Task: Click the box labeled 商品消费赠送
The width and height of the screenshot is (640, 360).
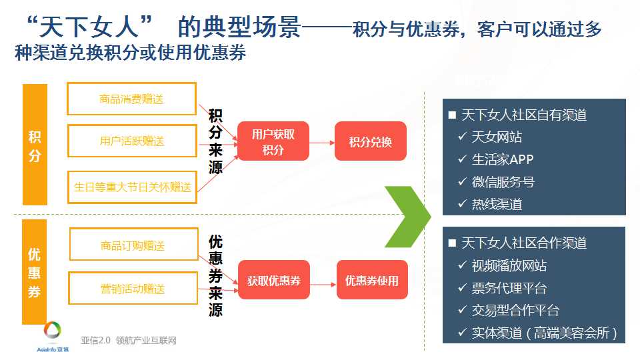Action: point(131,99)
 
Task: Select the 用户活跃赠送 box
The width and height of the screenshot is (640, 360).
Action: point(132,141)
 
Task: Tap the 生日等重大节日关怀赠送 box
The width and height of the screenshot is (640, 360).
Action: point(132,187)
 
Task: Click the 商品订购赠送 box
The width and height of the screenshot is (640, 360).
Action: point(134,244)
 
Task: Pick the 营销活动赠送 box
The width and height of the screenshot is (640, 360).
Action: point(133,288)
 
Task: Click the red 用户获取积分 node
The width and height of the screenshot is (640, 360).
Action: point(273,141)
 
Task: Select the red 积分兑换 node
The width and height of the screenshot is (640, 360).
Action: point(370,141)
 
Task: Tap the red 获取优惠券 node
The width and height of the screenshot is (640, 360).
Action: point(274,280)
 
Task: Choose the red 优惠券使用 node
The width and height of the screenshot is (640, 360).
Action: point(372,280)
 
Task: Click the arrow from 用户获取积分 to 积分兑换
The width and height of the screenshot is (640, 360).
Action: point(322,143)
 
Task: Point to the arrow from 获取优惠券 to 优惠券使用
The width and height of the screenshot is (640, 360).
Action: point(323,284)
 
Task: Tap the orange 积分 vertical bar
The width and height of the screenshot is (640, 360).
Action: point(35,145)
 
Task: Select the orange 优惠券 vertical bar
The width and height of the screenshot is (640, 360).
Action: point(34,272)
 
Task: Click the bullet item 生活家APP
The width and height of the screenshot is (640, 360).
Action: point(503,159)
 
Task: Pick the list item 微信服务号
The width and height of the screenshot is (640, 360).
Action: point(503,181)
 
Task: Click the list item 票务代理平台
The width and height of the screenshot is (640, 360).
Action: point(509,288)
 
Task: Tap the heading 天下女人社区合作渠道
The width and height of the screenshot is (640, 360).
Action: point(524,243)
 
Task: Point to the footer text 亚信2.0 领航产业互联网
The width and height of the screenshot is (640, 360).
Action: point(129,341)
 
